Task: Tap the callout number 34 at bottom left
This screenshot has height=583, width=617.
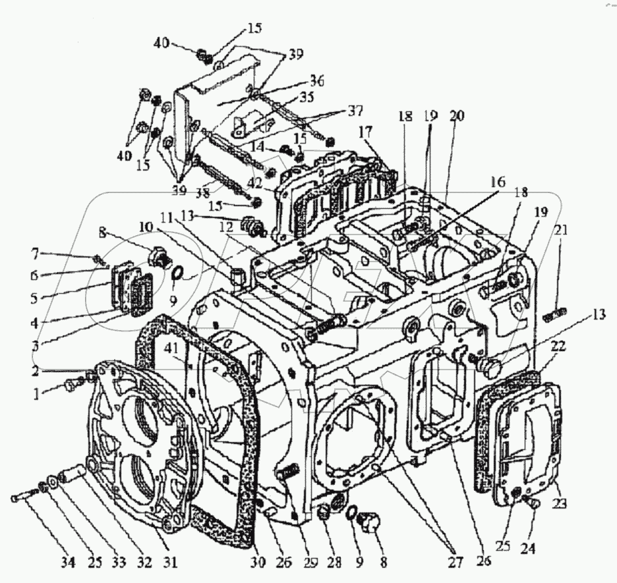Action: point(69,563)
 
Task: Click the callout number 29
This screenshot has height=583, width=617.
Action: point(310,563)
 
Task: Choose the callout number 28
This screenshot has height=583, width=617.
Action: point(336,563)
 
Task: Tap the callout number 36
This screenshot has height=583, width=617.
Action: point(318,81)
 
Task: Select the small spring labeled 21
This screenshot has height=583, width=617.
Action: point(552,316)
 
